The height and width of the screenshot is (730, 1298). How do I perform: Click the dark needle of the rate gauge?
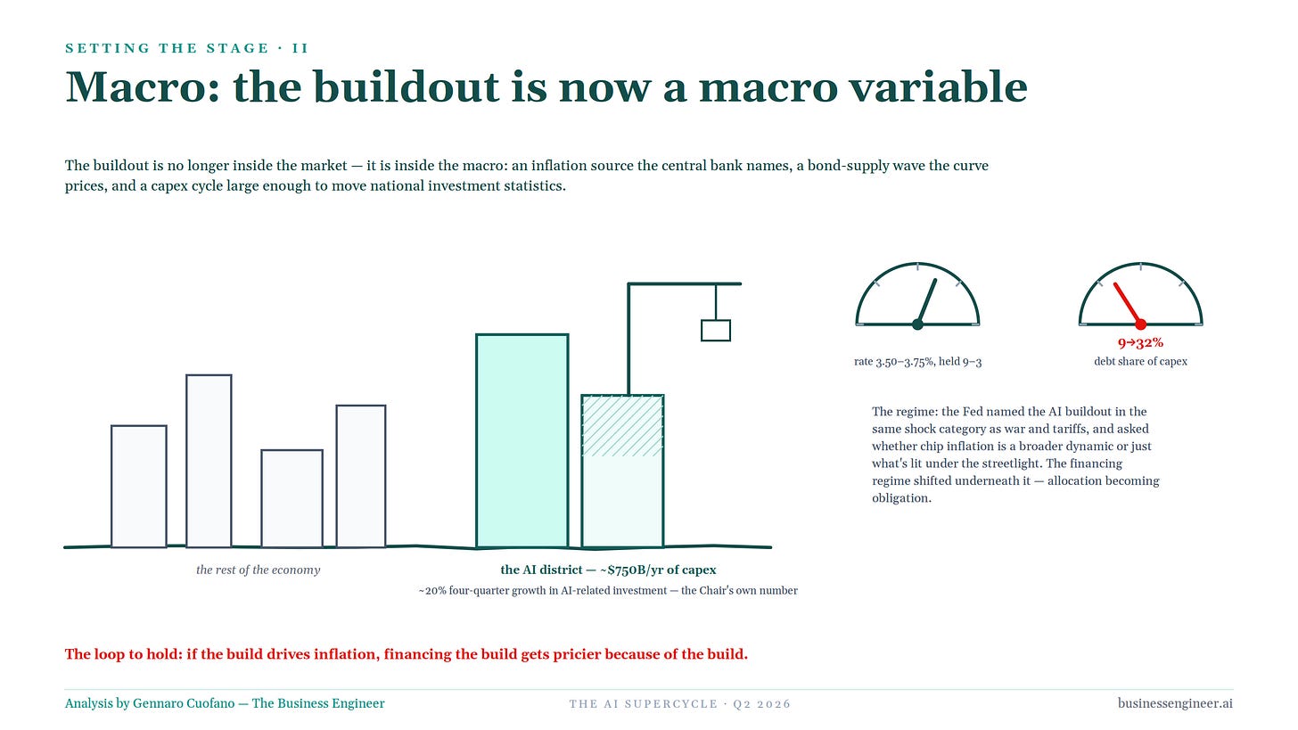click(926, 302)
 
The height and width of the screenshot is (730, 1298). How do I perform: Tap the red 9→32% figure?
click(1140, 343)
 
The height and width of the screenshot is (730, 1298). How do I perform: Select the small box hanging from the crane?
click(716, 330)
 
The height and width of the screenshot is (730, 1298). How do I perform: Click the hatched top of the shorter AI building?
click(622, 426)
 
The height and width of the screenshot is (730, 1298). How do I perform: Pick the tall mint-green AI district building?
click(522, 441)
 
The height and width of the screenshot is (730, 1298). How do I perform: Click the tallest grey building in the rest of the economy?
click(209, 461)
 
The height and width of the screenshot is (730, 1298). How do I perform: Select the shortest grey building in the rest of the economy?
click(292, 498)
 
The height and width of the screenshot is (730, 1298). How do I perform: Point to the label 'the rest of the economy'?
click(258, 570)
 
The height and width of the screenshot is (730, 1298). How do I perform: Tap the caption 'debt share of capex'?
click(1140, 362)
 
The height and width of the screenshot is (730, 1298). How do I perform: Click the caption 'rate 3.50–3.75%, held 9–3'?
click(918, 362)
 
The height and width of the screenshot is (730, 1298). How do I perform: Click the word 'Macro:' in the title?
click(143, 87)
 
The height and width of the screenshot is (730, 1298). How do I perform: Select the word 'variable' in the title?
click(938, 87)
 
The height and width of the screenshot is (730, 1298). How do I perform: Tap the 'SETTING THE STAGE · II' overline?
click(186, 48)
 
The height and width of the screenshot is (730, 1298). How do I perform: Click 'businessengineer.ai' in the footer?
click(1175, 703)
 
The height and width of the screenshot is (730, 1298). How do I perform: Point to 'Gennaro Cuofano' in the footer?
click(184, 703)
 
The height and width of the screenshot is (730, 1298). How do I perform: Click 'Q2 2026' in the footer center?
click(761, 704)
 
